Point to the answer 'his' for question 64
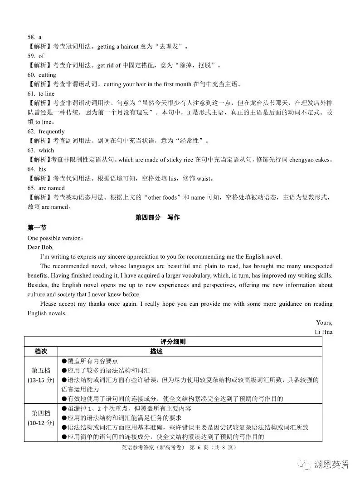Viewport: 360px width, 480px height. tap(42, 169)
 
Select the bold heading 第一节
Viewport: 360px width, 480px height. tap(37, 228)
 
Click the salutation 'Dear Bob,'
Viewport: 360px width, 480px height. tap(40, 247)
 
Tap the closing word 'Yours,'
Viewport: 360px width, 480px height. tap(324, 323)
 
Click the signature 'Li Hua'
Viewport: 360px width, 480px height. tap(324, 332)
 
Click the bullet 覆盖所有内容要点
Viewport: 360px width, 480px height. tap(93, 361)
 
